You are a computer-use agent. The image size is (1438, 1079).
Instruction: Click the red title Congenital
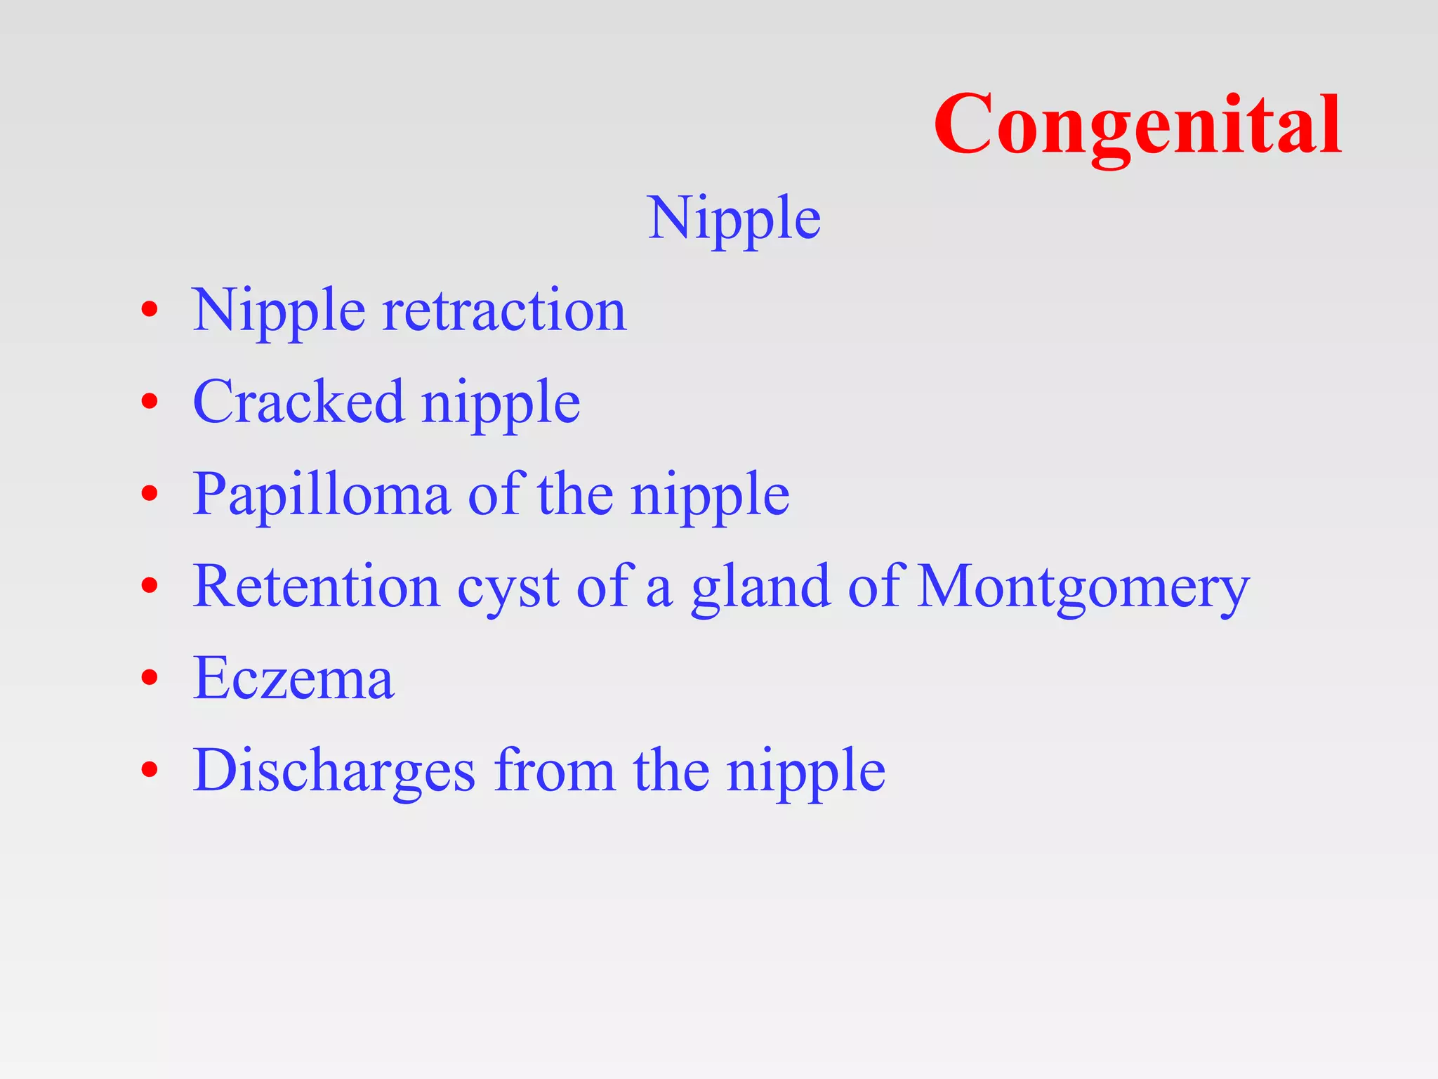click(x=1137, y=125)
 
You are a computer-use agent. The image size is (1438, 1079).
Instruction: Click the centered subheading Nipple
click(x=734, y=219)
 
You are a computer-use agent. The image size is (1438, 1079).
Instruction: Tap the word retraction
click(x=503, y=310)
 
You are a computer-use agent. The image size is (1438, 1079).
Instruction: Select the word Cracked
click(x=298, y=402)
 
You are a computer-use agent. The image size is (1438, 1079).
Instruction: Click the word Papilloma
click(x=321, y=495)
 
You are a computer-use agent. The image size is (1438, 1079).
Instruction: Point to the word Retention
click(x=316, y=587)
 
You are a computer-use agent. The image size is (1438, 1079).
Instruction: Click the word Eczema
click(x=293, y=679)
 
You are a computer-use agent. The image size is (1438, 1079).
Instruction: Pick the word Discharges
click(x=334, y=771)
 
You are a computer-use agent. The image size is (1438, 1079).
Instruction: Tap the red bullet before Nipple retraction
click(x=149, y=309)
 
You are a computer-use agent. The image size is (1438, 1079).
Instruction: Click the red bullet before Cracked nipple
click(x=149, y=401)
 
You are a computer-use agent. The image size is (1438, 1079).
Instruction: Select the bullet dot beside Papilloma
click(x=149, y=493)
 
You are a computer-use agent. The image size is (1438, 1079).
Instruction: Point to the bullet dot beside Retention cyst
click(x=149, y=585)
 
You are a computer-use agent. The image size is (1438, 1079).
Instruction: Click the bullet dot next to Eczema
click(x=149, y=677)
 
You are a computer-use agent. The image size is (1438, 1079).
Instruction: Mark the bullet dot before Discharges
click(x=149, y=769)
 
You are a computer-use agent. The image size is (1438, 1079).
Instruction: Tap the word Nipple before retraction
click(x=279, y=312)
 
